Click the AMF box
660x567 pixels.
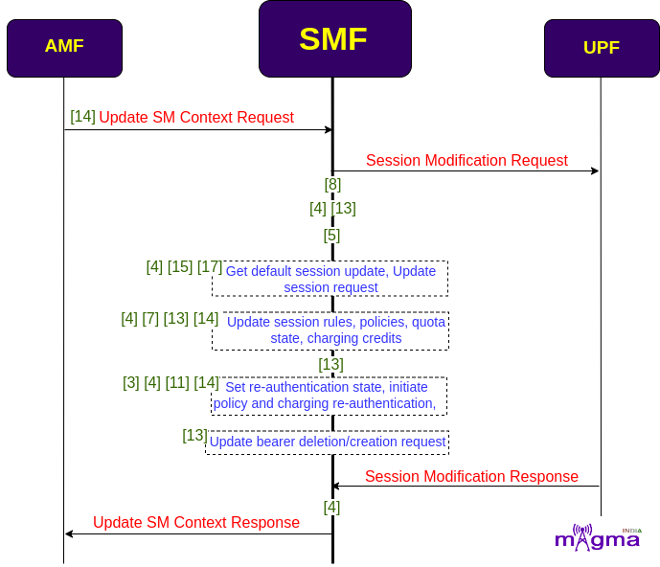(64, 48)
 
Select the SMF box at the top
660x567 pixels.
(335, 38)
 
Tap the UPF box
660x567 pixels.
(602, 48)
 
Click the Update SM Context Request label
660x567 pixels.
(196, 118)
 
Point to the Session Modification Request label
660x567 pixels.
(467, 160)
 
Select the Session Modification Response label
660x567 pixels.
(471, 477)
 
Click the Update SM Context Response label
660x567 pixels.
(196, 522)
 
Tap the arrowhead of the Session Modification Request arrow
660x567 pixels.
(595, 170)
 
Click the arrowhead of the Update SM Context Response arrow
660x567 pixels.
(69, 533)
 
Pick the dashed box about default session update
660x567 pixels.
(330, 279)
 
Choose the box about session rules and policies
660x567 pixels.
(330, 330)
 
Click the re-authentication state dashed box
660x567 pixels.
(329, 397)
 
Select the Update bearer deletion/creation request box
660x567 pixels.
(327, 442)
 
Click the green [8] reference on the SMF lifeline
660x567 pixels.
(332, 184)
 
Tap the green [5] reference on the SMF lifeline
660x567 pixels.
(331, 236)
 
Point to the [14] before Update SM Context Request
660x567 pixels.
(83, 117)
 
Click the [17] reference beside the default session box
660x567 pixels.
(210, 266)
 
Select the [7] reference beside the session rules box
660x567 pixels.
(150, 319)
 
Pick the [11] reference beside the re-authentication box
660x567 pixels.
(177, 383)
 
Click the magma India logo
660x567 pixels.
(598, 537)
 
